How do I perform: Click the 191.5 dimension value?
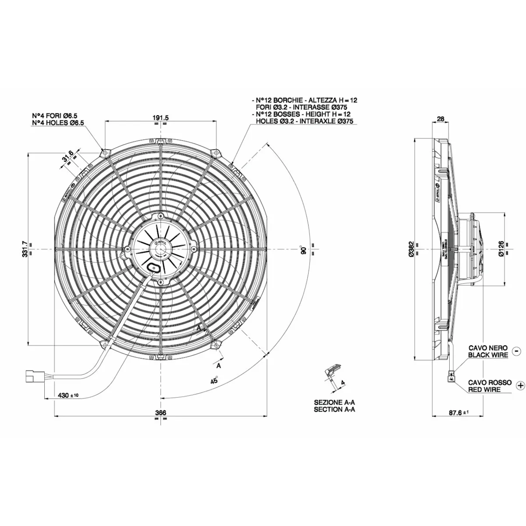point(161,117)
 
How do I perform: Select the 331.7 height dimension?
point(25,249)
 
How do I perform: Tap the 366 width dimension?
point(161,413)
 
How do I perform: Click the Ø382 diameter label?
point(411,249)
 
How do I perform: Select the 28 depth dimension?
point(441,119)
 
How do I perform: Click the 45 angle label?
point(214,380)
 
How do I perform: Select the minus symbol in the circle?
point(516,351)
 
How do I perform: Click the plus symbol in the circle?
point(520,385)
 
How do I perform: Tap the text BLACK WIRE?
point(488,355)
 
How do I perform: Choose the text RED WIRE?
point(484,389)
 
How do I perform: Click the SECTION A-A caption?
point(334,409)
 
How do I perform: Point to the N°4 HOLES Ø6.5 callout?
point(58,123)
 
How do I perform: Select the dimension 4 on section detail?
point(343,383)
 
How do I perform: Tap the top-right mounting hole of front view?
point(216,152)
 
